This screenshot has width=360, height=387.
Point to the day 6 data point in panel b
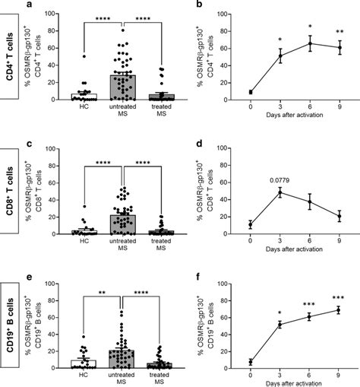310,43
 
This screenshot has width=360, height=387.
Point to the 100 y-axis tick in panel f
238,284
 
